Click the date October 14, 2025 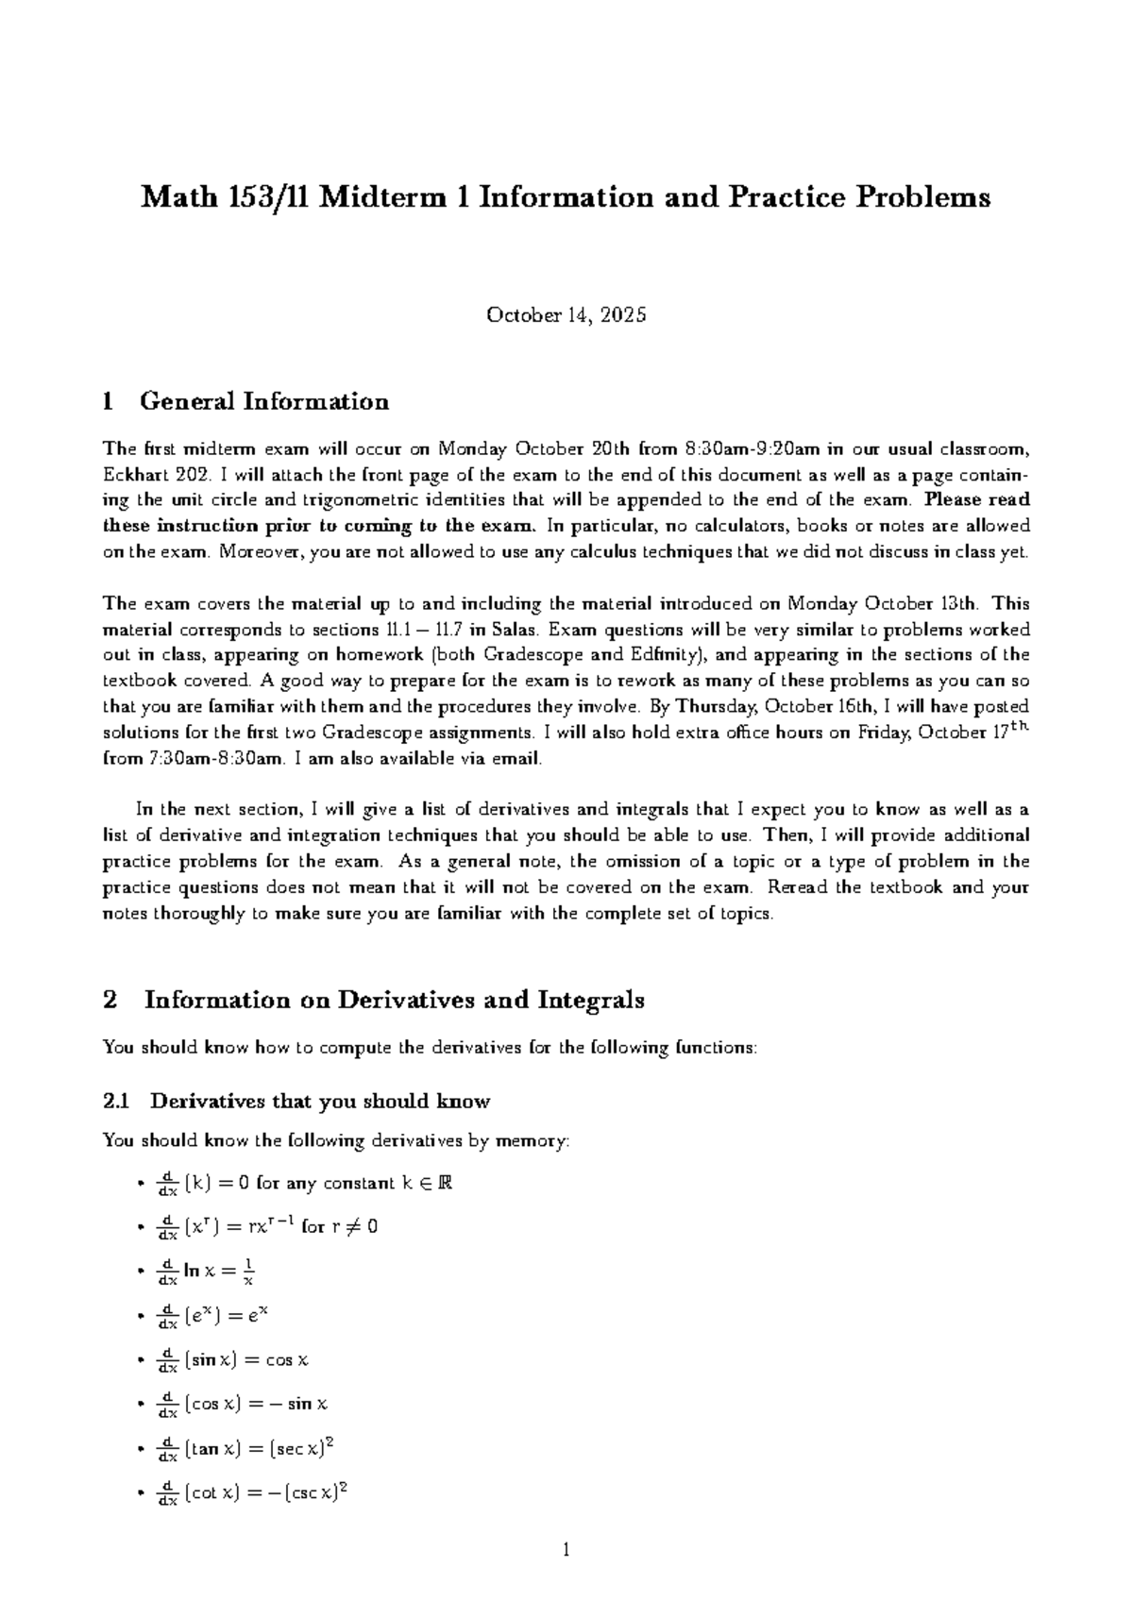(566, 315)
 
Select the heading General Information (263, 401)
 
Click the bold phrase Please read (977, 500)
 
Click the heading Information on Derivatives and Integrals (394, 1000)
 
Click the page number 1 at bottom (566, 1549)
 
